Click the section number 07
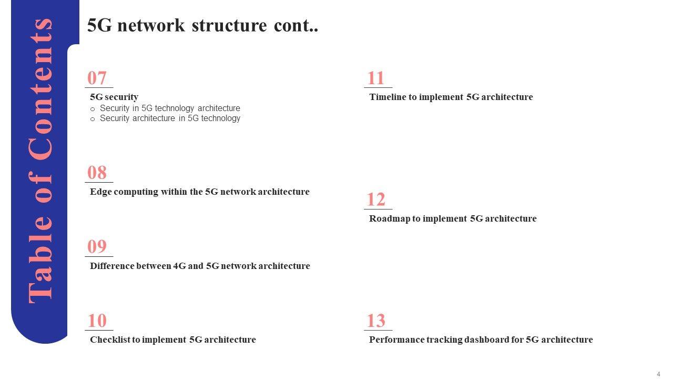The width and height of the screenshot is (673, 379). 97,78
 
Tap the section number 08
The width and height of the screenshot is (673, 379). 97,173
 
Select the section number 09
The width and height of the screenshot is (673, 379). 97,247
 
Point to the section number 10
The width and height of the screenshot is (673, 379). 97,321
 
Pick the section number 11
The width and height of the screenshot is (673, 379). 376,78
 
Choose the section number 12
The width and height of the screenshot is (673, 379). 376,200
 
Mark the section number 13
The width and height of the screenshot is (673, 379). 376,321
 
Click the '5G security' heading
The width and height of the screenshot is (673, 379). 114,97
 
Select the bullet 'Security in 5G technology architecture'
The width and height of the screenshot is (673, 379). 170,108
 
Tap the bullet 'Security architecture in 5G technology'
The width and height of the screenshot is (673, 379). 170,118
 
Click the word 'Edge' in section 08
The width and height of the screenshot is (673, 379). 99,192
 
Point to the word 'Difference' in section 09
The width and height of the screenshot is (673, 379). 111,266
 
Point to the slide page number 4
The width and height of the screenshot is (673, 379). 658,374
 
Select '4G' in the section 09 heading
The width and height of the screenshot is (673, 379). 179,266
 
